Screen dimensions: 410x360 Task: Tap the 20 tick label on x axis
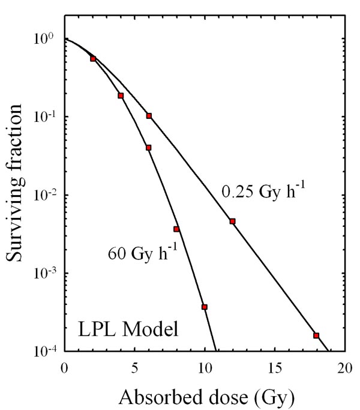344,367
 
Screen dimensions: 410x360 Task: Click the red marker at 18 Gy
316,336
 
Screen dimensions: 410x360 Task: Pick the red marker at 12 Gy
232,222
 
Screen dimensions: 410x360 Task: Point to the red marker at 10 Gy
205,307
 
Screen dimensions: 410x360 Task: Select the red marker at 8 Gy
176,229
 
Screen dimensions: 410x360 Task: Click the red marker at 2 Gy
92,59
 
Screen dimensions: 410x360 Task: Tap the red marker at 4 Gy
121,95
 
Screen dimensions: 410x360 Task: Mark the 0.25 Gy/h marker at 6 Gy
149,116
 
